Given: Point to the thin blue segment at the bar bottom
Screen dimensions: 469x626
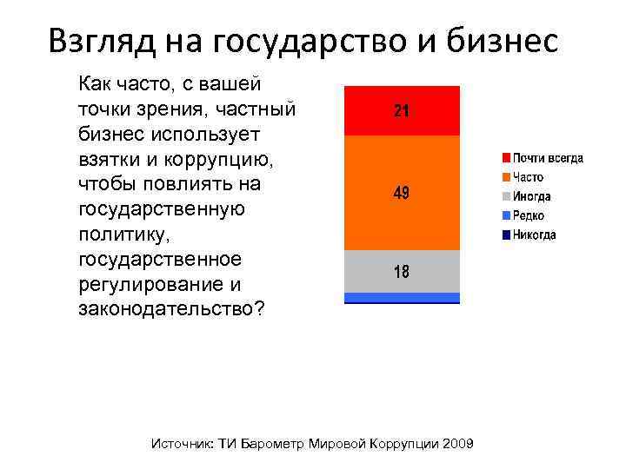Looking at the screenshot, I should pyautogui.click(x=402, y=298).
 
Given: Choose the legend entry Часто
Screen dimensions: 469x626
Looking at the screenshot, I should pyautogui.click(x=529, y=177).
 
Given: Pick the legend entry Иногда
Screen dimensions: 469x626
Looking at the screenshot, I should pyautogui.click(x=531, y=196).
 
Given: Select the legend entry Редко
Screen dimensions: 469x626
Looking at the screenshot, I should pyautogui.click(x=529, y=215).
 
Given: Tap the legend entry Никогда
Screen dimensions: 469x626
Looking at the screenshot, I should pyautogui.click(x=534, y=234).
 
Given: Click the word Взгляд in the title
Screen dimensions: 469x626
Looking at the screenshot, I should pyautogui.click(x=103, y=40).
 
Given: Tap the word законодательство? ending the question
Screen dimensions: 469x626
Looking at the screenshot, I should pyautogui.click(x=172, y=310).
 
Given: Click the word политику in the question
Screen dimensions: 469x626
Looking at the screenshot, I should pyautogui.click(x=116, y=235).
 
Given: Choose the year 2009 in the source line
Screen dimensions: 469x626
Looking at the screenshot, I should pyautogui.click(x=457, y=444).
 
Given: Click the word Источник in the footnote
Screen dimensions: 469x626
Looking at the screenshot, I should pyautogui.click(x=182, y=444).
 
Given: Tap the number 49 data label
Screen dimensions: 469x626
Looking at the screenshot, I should pyautogui.click(x=402, y=193).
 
